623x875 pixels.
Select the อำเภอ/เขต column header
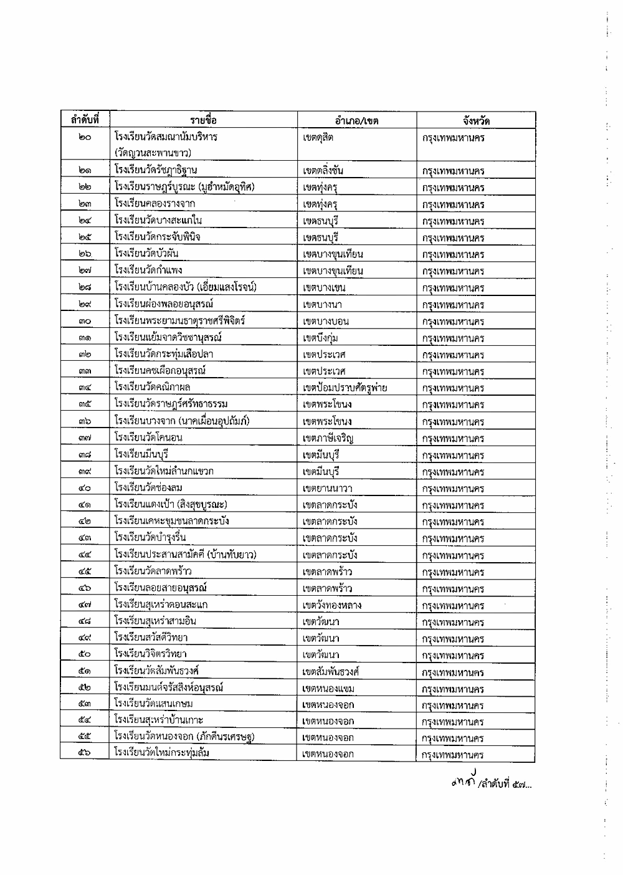coord(356,121)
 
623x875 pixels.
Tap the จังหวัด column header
coord(476,121)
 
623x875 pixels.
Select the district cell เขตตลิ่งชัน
coord(323,171)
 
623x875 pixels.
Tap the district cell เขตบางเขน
coord(324,288)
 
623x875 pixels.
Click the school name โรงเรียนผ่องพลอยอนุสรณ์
coord(164,304)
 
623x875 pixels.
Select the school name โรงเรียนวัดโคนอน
coord(148,438)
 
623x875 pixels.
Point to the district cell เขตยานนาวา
coord(327,489)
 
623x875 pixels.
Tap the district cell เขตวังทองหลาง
coord(331,605)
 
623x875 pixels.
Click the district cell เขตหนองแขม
coord(328,689)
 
